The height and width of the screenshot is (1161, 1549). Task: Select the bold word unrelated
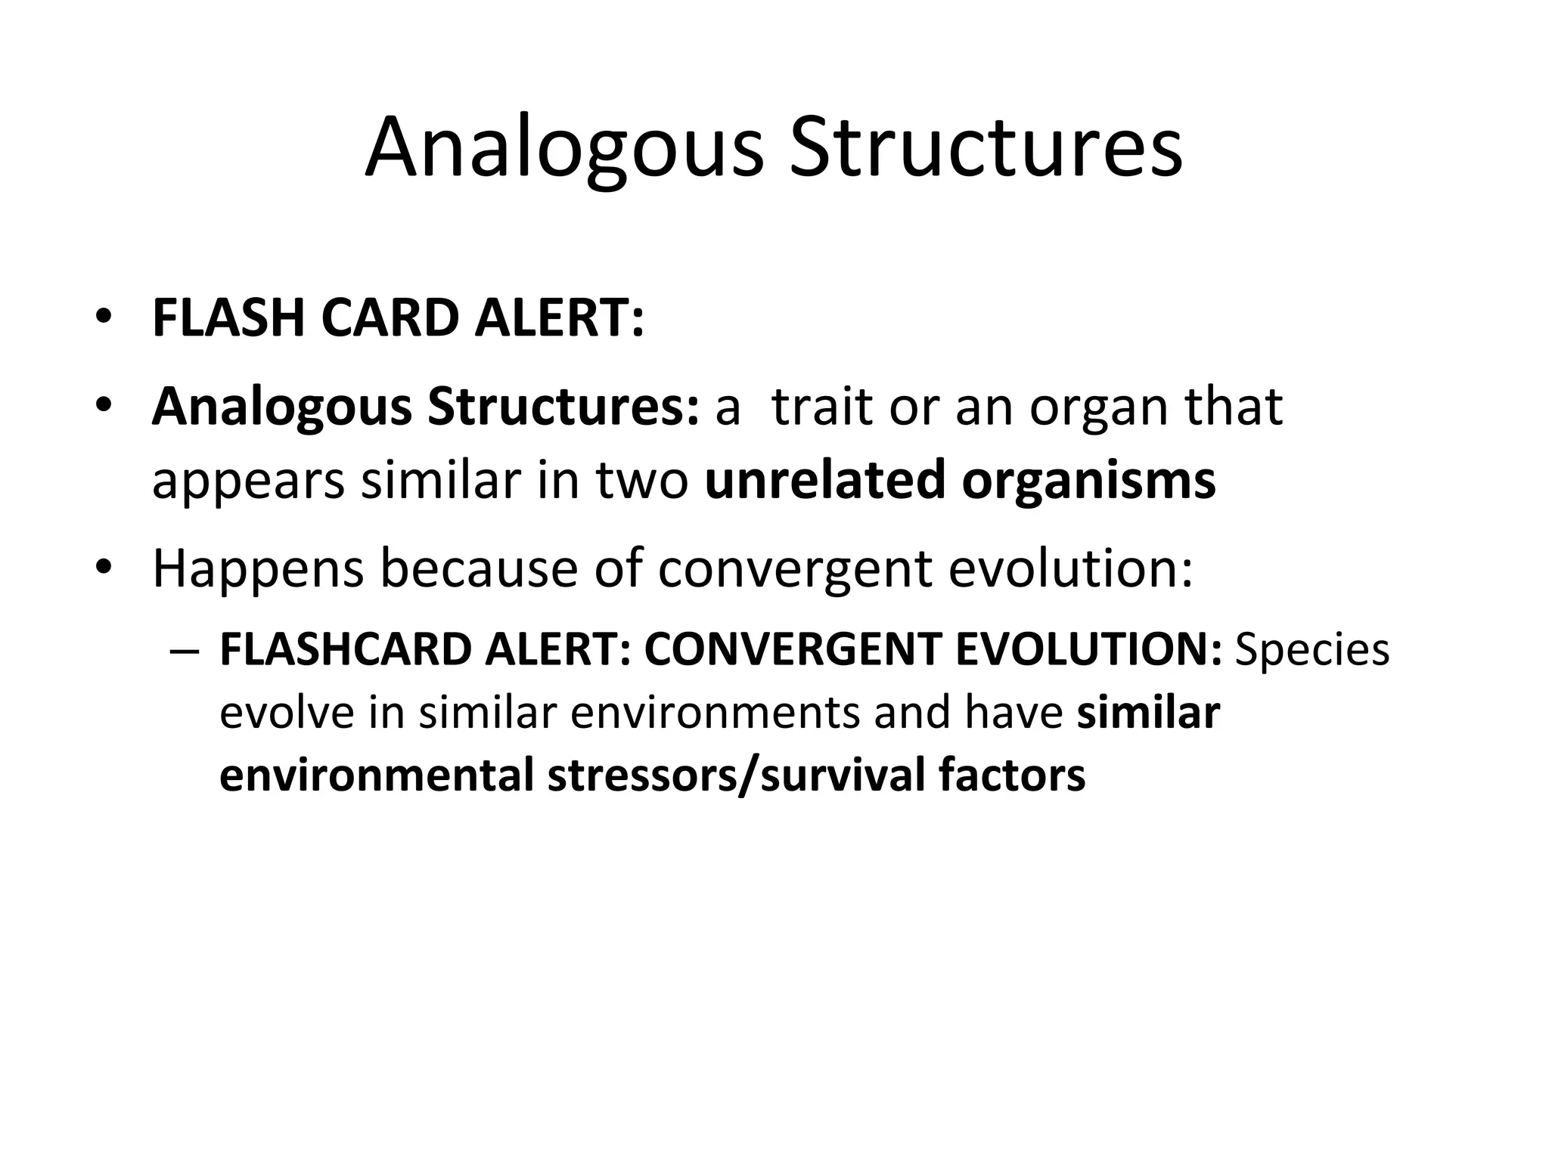(824, 480)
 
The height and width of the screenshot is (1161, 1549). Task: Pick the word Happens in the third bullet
(258, 571)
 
